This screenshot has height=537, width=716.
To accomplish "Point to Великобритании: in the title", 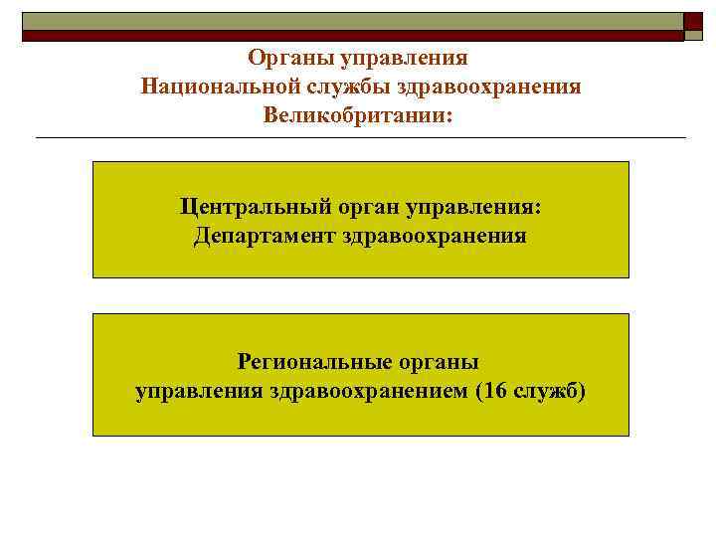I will point(357,115).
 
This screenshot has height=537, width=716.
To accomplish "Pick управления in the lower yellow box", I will point(196,390).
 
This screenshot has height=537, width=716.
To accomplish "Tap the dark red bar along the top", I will point(353,35).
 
